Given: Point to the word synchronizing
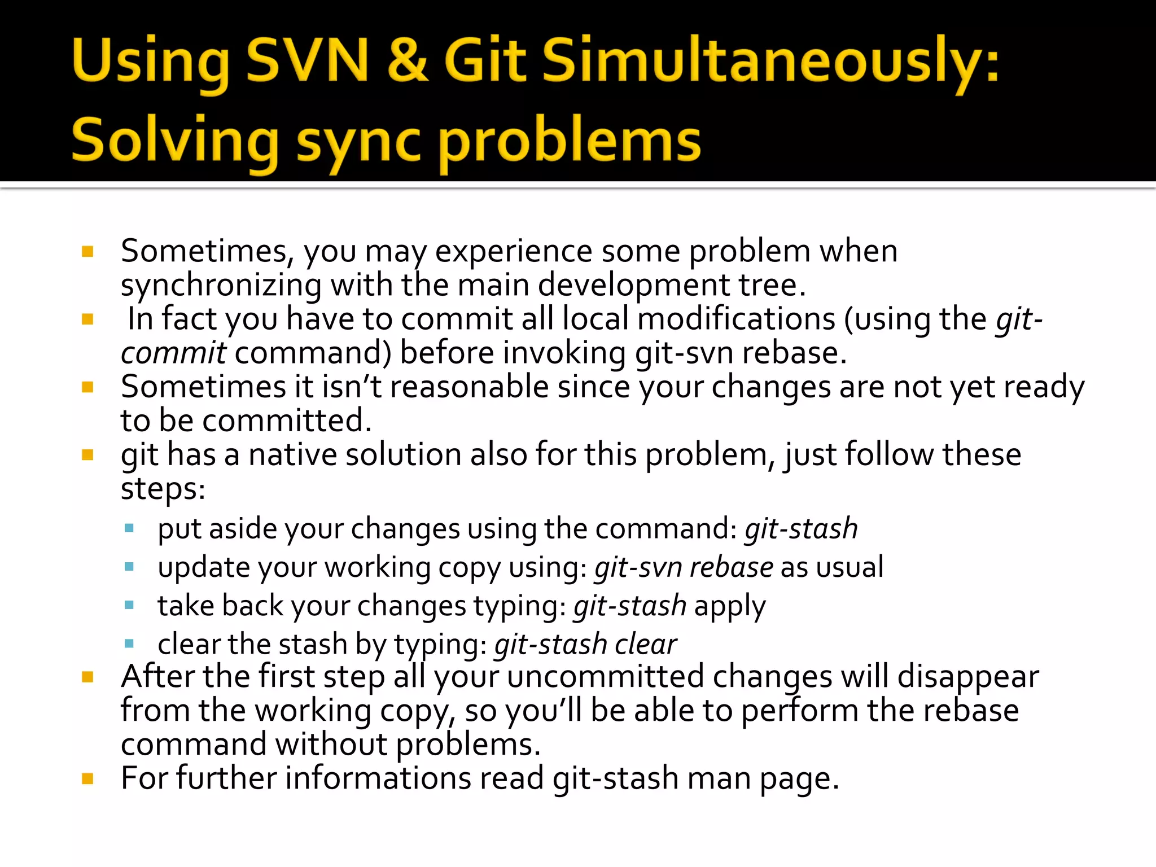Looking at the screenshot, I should click(x=221, y=286).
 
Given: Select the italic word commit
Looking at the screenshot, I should click(x=173, y=353).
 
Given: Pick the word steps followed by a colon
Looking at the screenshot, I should click(x=163, y=489).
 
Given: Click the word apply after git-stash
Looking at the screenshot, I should click(x=729, y=606).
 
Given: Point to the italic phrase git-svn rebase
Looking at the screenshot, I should click(x=684, y=567).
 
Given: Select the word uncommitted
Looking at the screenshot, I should click(x=606, y=677).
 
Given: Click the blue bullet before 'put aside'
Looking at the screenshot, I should click(x=129, y=529).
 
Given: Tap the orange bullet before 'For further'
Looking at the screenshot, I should click(x=87, y=779).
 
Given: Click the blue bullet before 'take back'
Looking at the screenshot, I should click(x=129, y=606).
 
